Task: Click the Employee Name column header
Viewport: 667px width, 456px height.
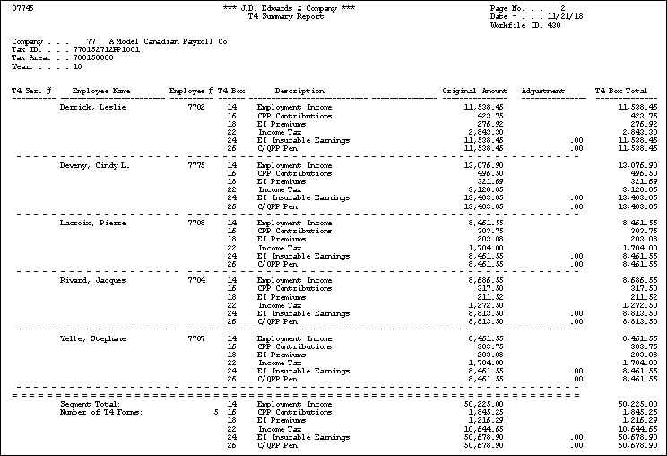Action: [x=101, y=91]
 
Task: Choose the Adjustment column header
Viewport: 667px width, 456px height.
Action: [x=542, y=91]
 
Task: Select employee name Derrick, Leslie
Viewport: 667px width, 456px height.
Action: [x=93, y=107]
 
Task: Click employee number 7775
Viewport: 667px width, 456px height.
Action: [x=196, y=165]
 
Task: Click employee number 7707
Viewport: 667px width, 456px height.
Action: [x=196, y=338]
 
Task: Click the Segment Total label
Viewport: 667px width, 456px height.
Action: [x=83, y=405]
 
